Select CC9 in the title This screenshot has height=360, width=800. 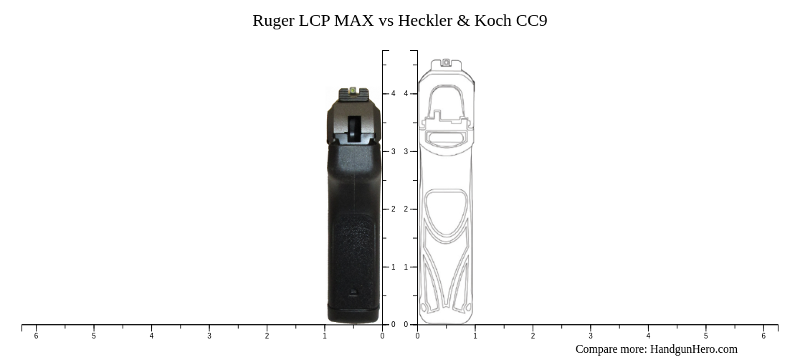tap(531, 21)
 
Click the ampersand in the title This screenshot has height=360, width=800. tap(462, 21)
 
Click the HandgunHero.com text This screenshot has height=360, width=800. tap(693, 349)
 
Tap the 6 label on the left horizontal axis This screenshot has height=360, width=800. tap(36, 336)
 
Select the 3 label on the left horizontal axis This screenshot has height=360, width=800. tap(209, 336)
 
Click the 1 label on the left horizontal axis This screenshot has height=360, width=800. tap(325, 336)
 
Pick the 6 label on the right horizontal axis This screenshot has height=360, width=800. tap(763, 336)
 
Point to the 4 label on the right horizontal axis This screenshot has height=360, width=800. tap(648, 336)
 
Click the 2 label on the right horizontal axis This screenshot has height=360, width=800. tap(533, 336)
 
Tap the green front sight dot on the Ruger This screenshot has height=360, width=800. tap(354, 90)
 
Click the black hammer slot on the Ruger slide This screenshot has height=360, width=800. tap(354, 129)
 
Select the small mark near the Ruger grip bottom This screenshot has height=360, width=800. tap(353, 292)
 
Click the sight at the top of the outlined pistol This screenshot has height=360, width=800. tap(446, 63)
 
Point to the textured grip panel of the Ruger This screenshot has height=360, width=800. tap(353, 244)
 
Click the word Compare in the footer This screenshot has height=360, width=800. tap(597, 349)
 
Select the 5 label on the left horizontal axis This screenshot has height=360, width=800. tap(94, 336)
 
